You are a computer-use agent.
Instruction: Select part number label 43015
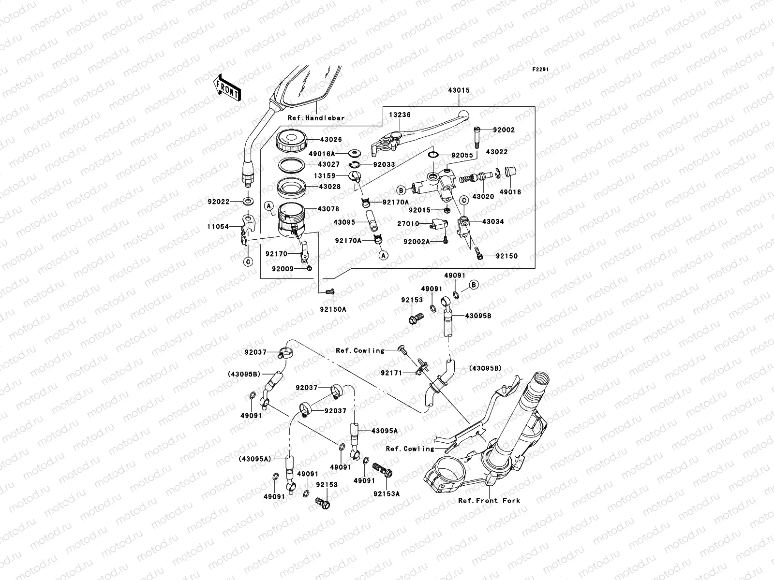(458, 90)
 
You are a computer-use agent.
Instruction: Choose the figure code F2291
(541, 70)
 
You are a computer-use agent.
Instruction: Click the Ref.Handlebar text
(323, 117)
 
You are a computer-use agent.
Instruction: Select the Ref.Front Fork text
(489, 500)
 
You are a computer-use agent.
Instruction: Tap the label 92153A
(387, 494)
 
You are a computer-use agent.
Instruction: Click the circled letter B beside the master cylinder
(401, 189)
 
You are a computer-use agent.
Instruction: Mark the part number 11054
(219, 226)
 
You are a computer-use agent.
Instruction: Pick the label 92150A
(333, 309)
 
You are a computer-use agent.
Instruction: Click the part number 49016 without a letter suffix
(510, 192)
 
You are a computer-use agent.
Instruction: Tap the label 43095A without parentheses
(385, 431)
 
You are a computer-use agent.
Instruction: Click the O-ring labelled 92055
(433, 155)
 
